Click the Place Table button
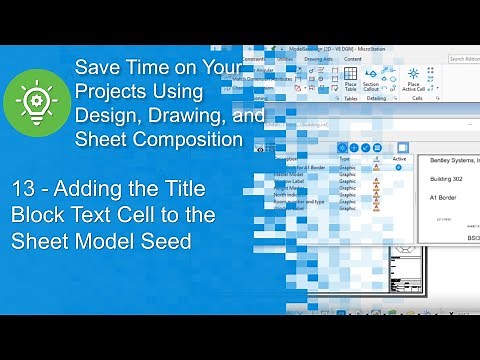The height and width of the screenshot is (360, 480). (x=351, y=79)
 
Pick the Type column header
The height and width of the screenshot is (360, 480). (x=344, y=157)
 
